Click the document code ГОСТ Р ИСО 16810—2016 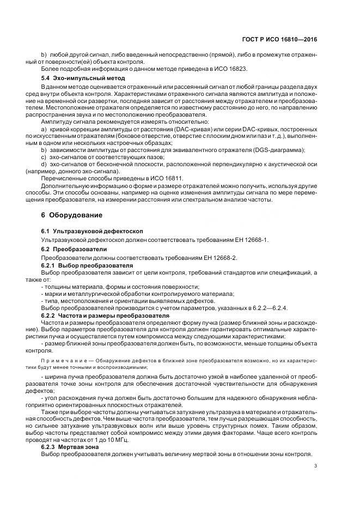tap(280, 40)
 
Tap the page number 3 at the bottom tap(316, 466)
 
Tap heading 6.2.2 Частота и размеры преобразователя tap(107, 315)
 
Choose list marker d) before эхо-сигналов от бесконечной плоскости tap(44, 163)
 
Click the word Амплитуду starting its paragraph tap(56, 121)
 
